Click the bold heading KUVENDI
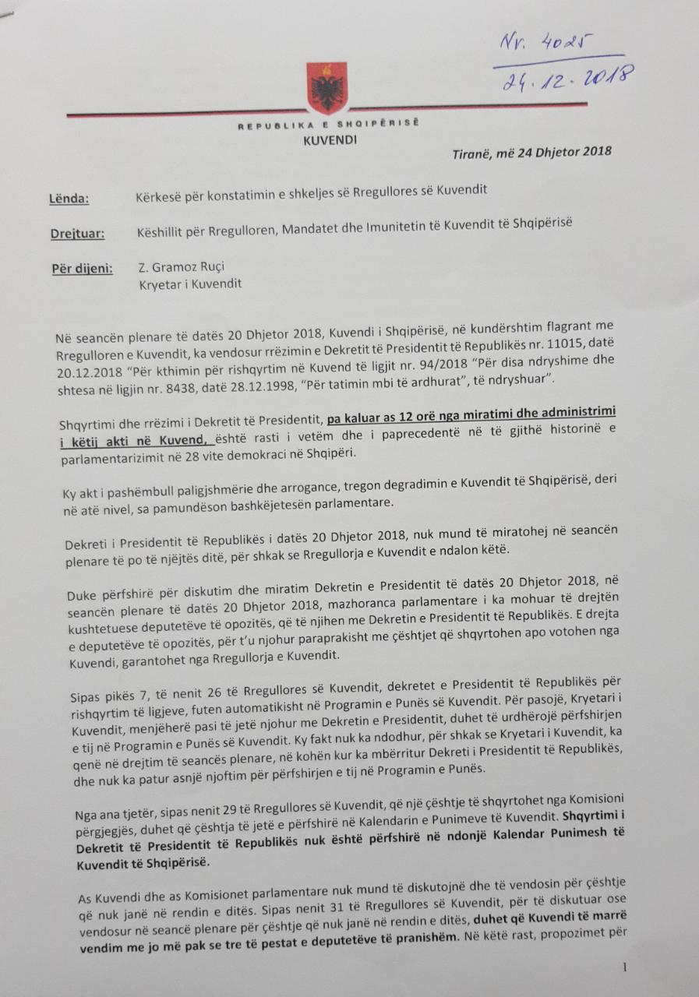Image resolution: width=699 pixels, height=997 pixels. tap(329, 140)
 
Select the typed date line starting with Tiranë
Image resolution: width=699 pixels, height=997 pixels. tap(531, 152)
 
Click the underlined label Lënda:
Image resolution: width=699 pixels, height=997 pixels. tap(70, 199)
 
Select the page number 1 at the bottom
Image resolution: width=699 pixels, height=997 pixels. tap(625, 967)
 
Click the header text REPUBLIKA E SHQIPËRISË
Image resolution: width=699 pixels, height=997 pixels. tap(328, 125)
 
